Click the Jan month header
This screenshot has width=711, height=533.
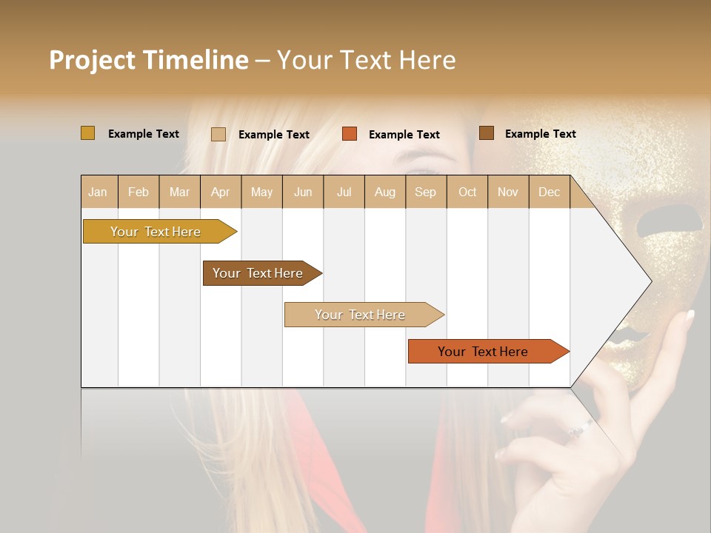coord(98,192)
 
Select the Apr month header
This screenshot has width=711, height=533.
coord(220,192)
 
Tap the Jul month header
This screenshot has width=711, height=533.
coord(344,192)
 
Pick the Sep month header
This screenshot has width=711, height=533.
coord(425,192)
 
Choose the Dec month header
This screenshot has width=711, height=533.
coord(549,192)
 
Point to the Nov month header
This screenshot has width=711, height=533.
coord(507,192)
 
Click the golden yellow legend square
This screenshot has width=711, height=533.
coord(87,133)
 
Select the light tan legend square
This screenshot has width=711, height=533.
coord(218,134)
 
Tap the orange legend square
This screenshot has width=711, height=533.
coord(349,134)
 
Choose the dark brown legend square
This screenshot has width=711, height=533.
coord(486,133)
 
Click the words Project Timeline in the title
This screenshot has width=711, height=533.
coord(148,60)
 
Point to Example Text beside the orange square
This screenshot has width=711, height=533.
coord(404,134)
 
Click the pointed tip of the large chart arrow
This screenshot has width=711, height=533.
coord(650,281)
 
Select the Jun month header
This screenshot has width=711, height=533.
coord(303,192)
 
